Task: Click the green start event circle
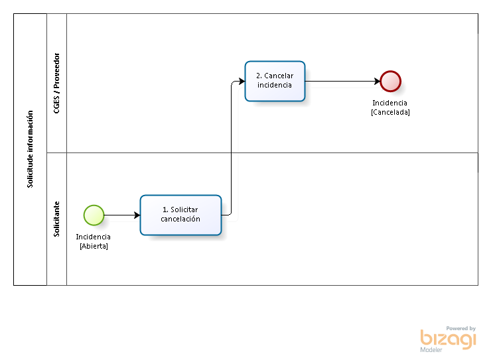click(x=94, y=215)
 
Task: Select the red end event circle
click(x=391, y=82)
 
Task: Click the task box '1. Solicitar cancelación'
click(x=180, y=215)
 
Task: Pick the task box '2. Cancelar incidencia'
click(x=275, y=82)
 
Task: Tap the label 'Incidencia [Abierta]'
click(x=94, y=241)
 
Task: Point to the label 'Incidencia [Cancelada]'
click(x=390, y=107)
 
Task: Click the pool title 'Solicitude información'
click(x=30, y=149)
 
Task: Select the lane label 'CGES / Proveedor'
click(x=56, y=83)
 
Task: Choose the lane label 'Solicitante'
click(x=56, y=219)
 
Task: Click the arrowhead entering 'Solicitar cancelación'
click(x=137, y=215)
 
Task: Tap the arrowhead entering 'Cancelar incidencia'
click(x=242, y=82)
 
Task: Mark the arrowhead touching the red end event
click(x=377, y=82)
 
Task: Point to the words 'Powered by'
click(x=461, y=328)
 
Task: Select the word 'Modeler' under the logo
click(x=431, y=350)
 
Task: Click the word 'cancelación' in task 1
click(x=180, y=219)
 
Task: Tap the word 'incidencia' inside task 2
click(x=275, y=85)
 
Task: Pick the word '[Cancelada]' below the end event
click(x=390, y=112)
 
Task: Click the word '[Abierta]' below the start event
click(x=94, y=246)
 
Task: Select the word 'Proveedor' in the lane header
click(x=56, y=71)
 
